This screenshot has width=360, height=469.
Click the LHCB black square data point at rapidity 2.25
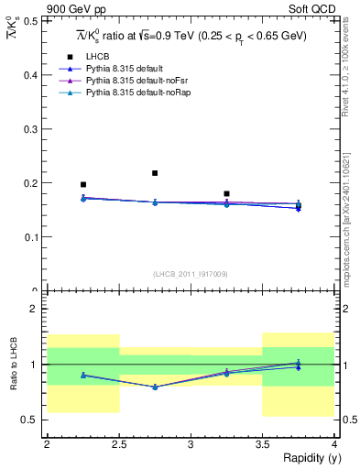83,185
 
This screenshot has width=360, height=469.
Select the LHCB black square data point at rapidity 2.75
155,173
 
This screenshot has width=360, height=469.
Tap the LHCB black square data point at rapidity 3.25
226,194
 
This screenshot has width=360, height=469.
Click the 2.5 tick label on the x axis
118,443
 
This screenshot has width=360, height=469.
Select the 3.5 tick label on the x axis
263,443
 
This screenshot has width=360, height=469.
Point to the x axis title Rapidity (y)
306,458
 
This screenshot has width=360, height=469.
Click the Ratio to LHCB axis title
14,365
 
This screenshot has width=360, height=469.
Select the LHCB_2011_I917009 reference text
191,274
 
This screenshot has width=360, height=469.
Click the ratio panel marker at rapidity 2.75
155,387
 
